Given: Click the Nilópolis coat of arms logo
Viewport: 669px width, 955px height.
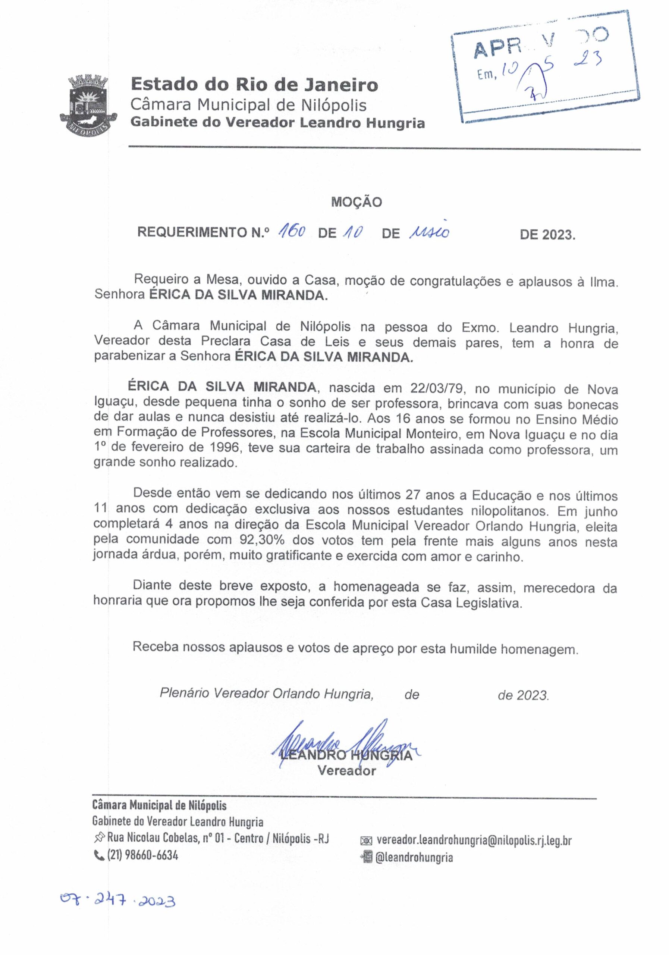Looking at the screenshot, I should (x=86, y=104).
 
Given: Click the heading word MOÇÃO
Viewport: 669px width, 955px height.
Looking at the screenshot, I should (x=357, y=202).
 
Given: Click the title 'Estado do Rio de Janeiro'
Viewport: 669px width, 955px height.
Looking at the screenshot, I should (x=254, y=85).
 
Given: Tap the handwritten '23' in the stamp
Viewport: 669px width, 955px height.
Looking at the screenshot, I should (x=587, y=61).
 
